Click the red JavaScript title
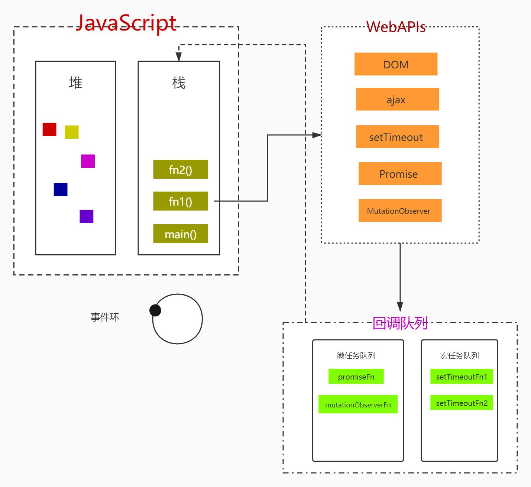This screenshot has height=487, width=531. [126, 23]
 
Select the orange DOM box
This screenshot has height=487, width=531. [396, 64]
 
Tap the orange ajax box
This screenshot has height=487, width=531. [397, 99]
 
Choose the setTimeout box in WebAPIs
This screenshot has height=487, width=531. [397, 137]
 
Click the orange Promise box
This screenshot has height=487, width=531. [400, 174]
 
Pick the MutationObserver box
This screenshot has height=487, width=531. [400, 211]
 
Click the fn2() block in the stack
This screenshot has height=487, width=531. [180, 170]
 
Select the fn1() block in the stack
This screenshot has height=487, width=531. [180, 201]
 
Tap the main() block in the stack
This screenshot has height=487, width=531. [180, 234]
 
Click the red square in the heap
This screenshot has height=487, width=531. [49, 129]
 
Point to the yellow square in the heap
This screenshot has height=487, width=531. [72, 132]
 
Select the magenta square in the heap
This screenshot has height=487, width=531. [88, 161]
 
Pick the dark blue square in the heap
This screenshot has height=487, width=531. [61, 190]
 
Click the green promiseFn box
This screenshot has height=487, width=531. [356, 377]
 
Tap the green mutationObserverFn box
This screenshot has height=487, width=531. [358, 404]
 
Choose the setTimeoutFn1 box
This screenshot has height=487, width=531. [462, 377]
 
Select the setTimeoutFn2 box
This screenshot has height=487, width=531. [462, 403]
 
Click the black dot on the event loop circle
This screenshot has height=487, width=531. [155, 310]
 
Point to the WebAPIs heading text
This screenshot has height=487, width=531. [396, 27]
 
